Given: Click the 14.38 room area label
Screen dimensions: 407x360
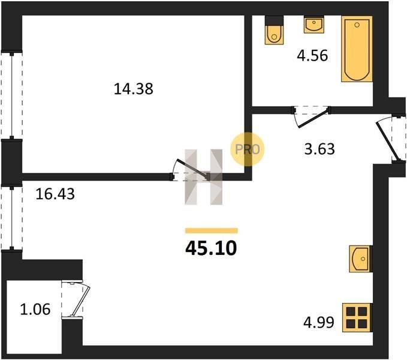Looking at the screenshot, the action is [x=134, y=89].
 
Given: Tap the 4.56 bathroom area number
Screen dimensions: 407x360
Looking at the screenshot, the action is [x=312, y=56].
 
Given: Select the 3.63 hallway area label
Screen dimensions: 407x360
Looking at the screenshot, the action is [x=319, y=149].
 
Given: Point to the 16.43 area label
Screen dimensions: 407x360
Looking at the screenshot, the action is [x=55, y=194].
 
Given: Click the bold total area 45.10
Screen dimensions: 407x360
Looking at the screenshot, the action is [x=211, y=248].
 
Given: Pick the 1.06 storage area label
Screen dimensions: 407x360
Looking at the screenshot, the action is [x=35, y=310].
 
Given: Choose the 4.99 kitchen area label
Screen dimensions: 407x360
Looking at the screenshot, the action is [x=319, y=323].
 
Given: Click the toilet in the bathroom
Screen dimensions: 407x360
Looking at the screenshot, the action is [x=274, y=30].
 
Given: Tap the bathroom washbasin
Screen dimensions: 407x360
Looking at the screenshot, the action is [x=314, y=25].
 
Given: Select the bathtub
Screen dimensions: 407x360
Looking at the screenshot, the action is [x=357, y=49].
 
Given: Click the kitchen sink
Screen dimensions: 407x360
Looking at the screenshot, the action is [x=361, y=259].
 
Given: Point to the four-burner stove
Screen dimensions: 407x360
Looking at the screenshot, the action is [x=357, y=317].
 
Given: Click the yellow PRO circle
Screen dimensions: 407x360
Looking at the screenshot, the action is [x=248, y=149].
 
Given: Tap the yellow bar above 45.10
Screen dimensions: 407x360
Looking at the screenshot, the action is [x=211, y=230].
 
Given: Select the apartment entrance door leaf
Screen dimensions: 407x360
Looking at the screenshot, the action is [x=387, y=141].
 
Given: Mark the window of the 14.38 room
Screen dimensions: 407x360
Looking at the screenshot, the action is [x=11, y=95].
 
